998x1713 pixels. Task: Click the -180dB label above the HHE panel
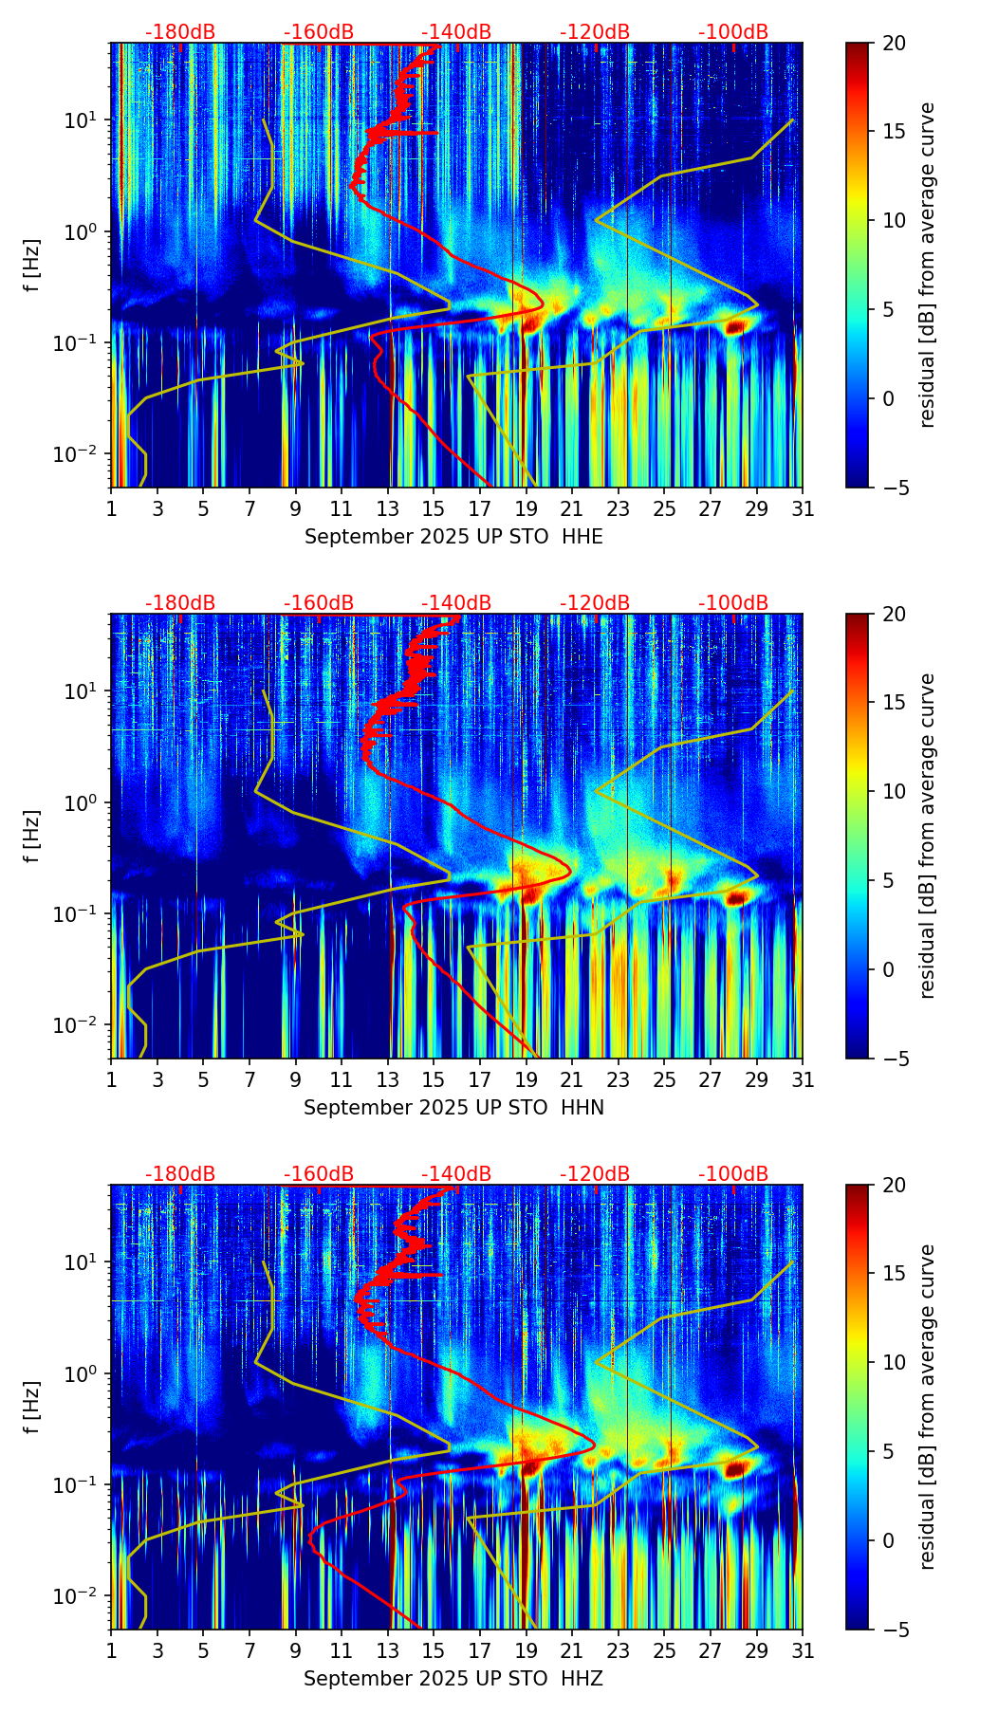[x=180, y=32]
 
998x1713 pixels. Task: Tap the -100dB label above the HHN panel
[x=733, y=603]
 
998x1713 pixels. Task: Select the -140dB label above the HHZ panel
[x=456, y=1174]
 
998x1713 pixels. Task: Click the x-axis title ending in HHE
[x=453, y=537]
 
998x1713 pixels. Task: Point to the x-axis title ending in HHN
[x=453, y=1108]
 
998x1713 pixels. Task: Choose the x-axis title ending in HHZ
[x=453, y=1679]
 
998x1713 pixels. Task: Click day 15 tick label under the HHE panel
[x=434, y=509]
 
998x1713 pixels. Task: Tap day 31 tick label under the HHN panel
[x=803, y=1080]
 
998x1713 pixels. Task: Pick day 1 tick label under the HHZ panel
[x=112, y=1651]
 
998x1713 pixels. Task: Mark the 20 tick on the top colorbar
[x=894, y=44]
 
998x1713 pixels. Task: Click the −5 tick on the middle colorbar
[x=894, y=1059]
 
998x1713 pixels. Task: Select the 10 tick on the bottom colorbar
[x=894, y=1363]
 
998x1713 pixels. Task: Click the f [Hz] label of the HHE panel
[x=33, y=266]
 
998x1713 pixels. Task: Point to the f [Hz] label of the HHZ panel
[x=33, y=1408]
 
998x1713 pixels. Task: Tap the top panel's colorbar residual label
[x=928, y=266]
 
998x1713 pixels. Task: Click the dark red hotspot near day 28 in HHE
[x=735, y=327]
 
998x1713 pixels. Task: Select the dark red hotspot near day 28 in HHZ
[x=735, y=1469]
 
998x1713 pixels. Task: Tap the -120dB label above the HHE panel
[x=595, y=32]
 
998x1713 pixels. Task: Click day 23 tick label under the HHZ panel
[x=618, y=1651]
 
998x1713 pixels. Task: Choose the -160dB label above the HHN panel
[x=319, y=603]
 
